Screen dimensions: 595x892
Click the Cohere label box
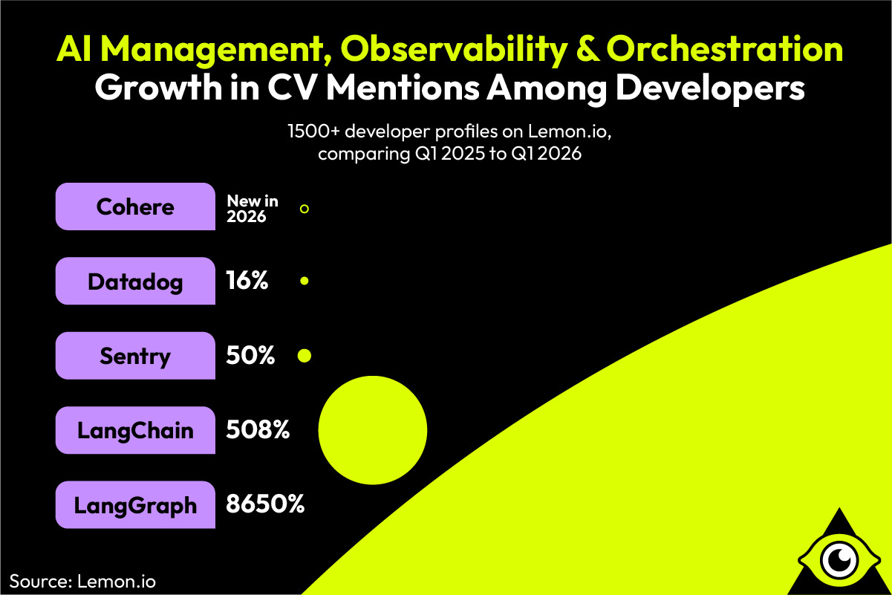click(x=134, y=207)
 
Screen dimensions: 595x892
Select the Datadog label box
click(x=134, y=282)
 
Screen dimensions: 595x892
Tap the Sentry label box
click(x=134, y=356)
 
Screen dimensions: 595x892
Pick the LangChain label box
click(x=134, y=430)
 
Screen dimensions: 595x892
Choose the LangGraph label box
click(x=134, y=505)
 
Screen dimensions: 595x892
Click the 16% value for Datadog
click(x=247, y=282)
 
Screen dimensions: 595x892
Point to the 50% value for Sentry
click(x=250, y=356)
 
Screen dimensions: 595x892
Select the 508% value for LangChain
click(x=257, y=430)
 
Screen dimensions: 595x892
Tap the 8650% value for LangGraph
click(x=265, y=505)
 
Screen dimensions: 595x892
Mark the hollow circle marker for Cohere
click(x=304, y=209)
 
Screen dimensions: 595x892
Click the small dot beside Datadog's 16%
click(x=304, y=282)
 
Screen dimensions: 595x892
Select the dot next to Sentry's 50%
click(x=304, y=356)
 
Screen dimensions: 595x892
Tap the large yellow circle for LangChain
click(x=372, y=429)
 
